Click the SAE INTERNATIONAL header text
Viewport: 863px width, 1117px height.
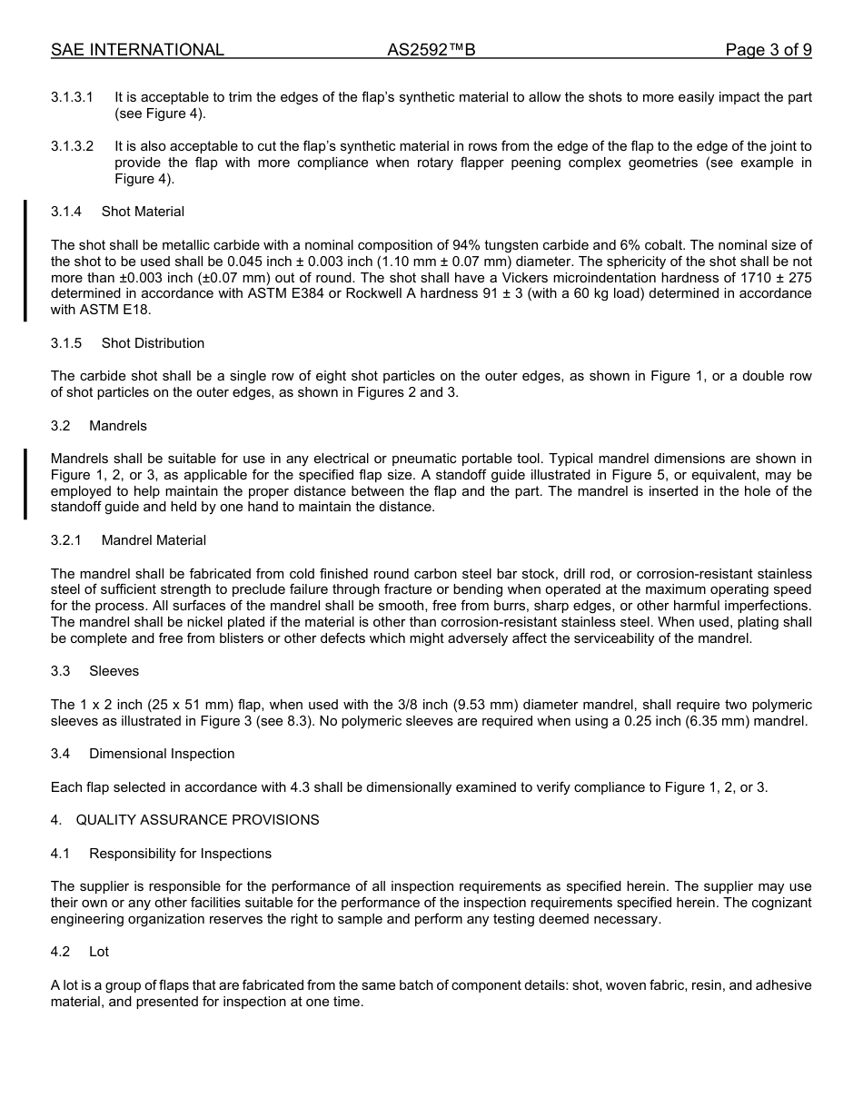(137, 50)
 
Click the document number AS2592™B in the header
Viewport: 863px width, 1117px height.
(431, 50)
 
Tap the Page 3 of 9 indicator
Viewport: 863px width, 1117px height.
(768, 50)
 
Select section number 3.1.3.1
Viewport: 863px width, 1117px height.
(72, 97)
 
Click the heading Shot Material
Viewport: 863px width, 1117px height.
(143, 212)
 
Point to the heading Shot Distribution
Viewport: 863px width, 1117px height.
(153, 343)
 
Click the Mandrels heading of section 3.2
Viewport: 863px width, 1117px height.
(118, 426)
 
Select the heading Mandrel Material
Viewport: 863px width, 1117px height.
(154, 540)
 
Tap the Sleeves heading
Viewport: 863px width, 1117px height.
(114, 671)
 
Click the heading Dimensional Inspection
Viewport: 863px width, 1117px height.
(162, 754)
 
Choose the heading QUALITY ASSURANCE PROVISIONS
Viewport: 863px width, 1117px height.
(197, 820)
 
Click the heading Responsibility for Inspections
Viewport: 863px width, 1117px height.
(180, 854)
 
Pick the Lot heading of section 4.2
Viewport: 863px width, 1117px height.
(99, 952)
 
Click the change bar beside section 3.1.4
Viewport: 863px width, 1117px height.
(25, 261)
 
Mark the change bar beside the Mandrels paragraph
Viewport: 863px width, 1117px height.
(25, 483)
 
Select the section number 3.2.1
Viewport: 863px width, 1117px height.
(65, 540)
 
